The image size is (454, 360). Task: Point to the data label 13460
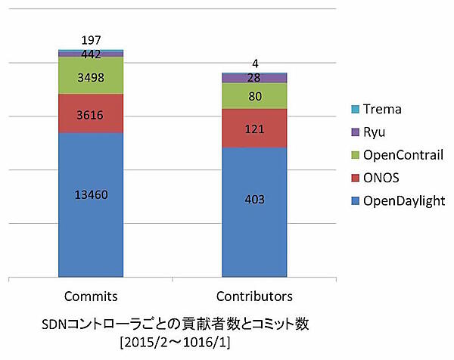coord(91,194)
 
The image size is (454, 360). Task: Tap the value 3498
coord(91,77)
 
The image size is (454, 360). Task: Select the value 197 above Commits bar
coord(91,40)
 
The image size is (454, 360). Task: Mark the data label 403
coord(254,200)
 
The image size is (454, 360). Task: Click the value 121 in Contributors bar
coord(254,129)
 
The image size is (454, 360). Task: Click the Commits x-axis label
coord(91,294)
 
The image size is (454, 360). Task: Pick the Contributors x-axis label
coord(254,294)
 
